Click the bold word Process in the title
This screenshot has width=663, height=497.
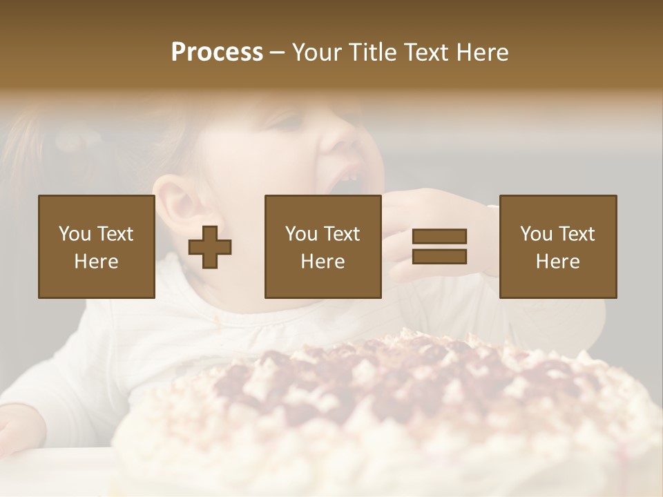pos(217,52)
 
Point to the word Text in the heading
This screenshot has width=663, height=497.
pos(423,52)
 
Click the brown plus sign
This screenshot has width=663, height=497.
pos(210,246)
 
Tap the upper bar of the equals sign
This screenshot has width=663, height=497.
pos(439,237)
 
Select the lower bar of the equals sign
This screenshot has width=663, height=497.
pos(439,256)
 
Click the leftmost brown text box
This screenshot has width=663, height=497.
pos(96,246)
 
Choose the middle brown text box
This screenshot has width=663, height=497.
pos(323,246)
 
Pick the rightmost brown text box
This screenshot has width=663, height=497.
pos(557,246)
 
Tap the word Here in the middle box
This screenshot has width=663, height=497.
pos(323,261)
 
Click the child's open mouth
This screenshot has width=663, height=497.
pos(345,183)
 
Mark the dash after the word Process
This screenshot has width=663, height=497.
pos(278,52)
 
